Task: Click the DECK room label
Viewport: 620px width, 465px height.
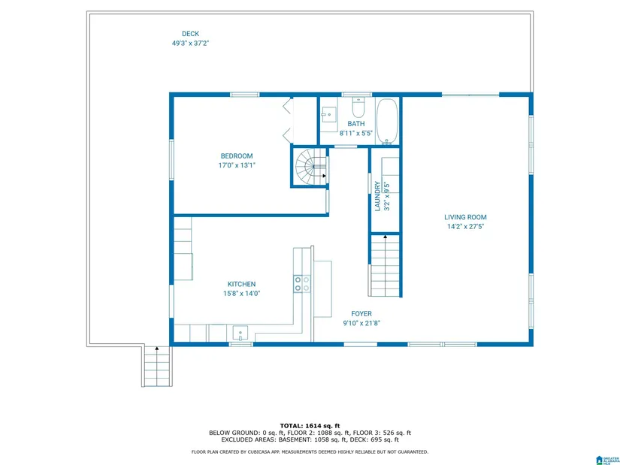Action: pyautogui.click(x=190, y=34)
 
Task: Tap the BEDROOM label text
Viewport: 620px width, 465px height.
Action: pyautogui.click(x=237, y=156)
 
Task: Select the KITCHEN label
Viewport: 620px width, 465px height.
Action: pyautogui.click(x=241, y=284)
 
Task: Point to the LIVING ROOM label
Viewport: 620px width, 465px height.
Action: pyautogui.click(x=465, y=217)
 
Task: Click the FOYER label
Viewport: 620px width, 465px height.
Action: pyautogui.click(x=361, y=313)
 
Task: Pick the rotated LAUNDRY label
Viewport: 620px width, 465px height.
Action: pyautogui.click(x=377, y=196)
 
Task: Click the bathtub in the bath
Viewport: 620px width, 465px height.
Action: pyautogui.click(x=387, y=121)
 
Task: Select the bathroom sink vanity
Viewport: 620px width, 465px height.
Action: pyautogui.click(x=328, y=115)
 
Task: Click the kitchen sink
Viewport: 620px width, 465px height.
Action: pyautogui.click(x=240, y=333)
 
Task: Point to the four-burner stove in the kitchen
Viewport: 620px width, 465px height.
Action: pyautogui.click(x=301, y=284)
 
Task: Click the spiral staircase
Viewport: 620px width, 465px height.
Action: pyautogui.click(x=311, y=167)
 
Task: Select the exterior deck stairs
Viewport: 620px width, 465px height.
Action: pyautogui.click(x=157, y=366)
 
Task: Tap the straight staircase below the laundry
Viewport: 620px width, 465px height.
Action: pyautogui.click(x=385, y=265)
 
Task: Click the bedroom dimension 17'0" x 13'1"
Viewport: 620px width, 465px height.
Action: pyautogui.click(x=237, y=165)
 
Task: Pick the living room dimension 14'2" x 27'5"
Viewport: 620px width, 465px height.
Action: pyautogui.click(x=465, y=227)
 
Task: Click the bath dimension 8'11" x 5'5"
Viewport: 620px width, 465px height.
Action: pyautogui.click(x=356, y=133)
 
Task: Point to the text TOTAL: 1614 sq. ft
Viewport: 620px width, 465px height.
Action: pyautogui.click(x=310, y=426)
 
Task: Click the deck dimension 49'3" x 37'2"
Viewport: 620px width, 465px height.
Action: pyautogui.click(x=190, y=44)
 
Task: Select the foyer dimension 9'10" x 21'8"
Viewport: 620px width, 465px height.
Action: pyautogui.click(x=361, y=323)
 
